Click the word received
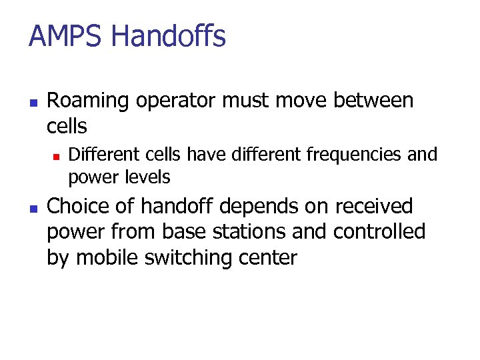[374, 207]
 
